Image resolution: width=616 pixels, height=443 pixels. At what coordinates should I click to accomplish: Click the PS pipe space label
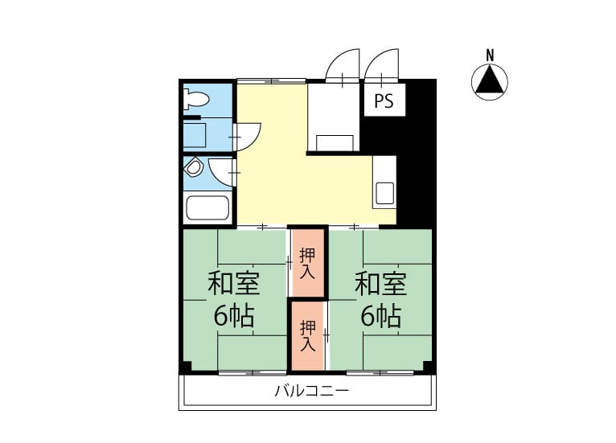click(384, 101)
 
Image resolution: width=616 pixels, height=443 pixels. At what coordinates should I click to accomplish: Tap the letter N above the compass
click(490, 55)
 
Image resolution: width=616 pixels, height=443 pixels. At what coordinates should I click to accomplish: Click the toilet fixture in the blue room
click(195, 99)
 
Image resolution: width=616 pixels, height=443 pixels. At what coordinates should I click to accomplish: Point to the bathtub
click(207, 207)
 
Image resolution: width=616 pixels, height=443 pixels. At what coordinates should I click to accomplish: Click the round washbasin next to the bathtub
click(193, 167)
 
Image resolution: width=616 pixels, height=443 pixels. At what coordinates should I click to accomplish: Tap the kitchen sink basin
click(385, 193)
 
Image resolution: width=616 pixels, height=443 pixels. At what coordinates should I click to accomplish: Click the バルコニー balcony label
click(311, 392)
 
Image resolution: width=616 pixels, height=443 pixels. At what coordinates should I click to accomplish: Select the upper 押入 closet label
click(307, 263)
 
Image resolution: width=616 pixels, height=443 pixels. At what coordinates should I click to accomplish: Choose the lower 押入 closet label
click(308, 336)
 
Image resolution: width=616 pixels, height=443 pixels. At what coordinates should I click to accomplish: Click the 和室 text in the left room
click(234, 284)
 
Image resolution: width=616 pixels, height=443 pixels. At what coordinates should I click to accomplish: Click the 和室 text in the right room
click(380, 284)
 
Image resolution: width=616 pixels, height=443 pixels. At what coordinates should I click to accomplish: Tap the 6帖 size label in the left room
click(234, 316)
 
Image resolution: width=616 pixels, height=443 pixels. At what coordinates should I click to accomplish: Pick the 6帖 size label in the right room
click(380, 316)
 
